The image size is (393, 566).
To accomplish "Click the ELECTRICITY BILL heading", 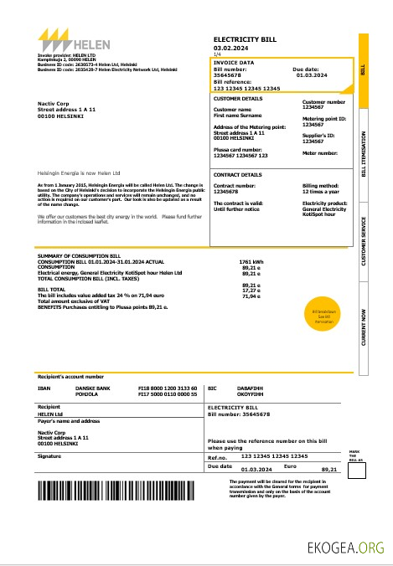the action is tap(244, 39).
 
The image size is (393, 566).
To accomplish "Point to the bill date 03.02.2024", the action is tap(230, 48).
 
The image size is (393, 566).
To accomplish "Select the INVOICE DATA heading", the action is tap(235, 62).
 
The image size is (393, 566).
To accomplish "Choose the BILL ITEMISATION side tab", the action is tap(364, 153).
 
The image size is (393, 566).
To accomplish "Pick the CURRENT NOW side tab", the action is tap(364, 327).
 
